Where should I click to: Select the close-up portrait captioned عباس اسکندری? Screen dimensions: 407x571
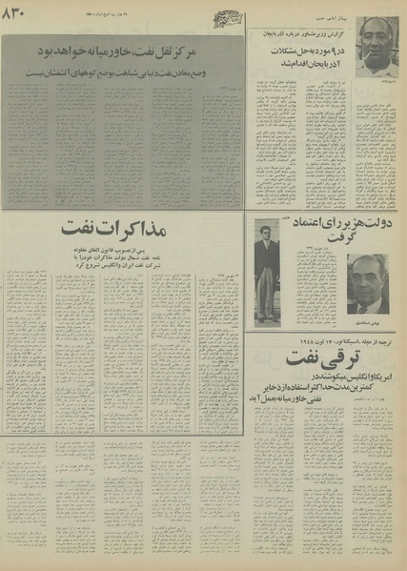(365, 285)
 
